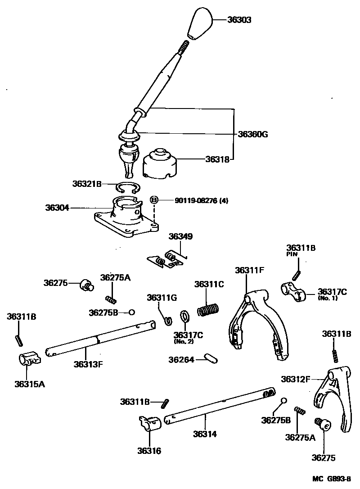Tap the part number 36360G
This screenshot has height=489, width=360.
tap(253, 134)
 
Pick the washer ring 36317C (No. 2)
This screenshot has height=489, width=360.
tap(185, 317)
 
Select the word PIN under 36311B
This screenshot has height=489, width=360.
tap(293, 254)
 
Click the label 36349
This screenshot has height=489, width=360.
tap(180, 236)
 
